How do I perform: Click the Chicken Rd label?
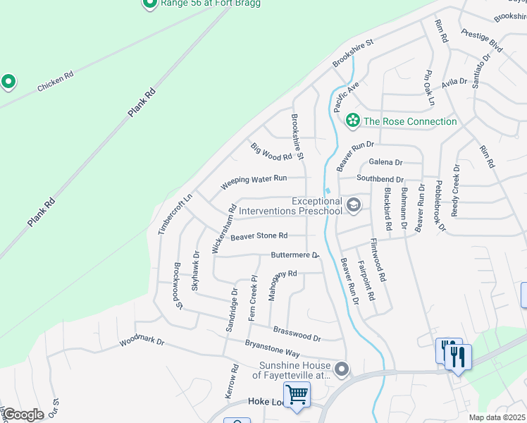pyautogui.click(x=56, y=81)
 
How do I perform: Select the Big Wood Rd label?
pyautogui.click(x=271, y=151)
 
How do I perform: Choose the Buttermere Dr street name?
pyautogui.click(x=295, y=255)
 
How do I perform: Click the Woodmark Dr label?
pyautogui.click(x=142, y=341)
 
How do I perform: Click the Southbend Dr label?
pyautogui.click(x=380, y=179)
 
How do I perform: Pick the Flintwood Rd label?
pyautogui.click(x=378, y=260)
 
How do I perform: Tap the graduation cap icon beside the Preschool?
pyautogui.click(x=354, y=206)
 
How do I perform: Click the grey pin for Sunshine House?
pyautogui.click(x=342, y=369)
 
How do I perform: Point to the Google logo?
pyautogui.click(x=23, y=415)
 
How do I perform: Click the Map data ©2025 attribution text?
pyautogui.click(x=497, y=417)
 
